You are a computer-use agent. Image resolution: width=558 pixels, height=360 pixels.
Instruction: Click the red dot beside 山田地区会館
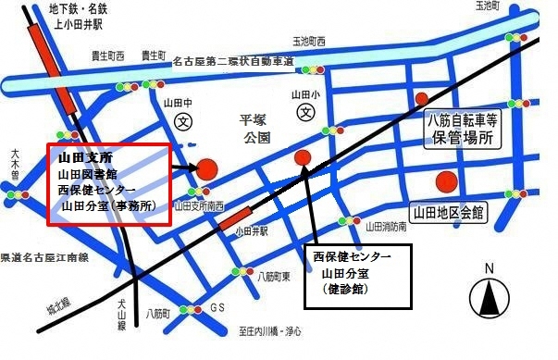447,181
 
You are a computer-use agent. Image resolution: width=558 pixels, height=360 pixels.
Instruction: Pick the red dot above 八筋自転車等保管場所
422,98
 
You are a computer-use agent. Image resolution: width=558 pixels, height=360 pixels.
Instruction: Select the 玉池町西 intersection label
310,42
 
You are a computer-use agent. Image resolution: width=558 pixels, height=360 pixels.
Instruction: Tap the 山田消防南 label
388,226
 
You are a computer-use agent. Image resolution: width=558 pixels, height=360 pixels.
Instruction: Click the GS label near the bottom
217,307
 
